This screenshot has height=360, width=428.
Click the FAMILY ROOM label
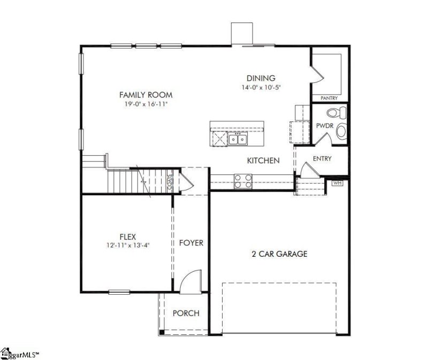tap(146, 95)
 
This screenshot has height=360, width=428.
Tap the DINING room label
tap(261, 78)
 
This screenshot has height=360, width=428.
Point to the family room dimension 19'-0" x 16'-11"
tap(146, 104)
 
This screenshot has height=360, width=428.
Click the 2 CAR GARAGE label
tap(279, 254)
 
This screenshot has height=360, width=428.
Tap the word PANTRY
tap(329, 99)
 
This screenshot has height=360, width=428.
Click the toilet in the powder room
tap(335, 113)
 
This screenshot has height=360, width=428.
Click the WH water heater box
tap(337, 183)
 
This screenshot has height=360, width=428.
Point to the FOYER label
tap(191, 243)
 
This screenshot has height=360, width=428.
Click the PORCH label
tap(186, 313)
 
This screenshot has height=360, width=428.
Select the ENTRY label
tap(322, 158)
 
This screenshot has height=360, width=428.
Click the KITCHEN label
tap(263, 160)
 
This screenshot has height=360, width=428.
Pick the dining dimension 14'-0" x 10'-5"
tap(261, 87)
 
